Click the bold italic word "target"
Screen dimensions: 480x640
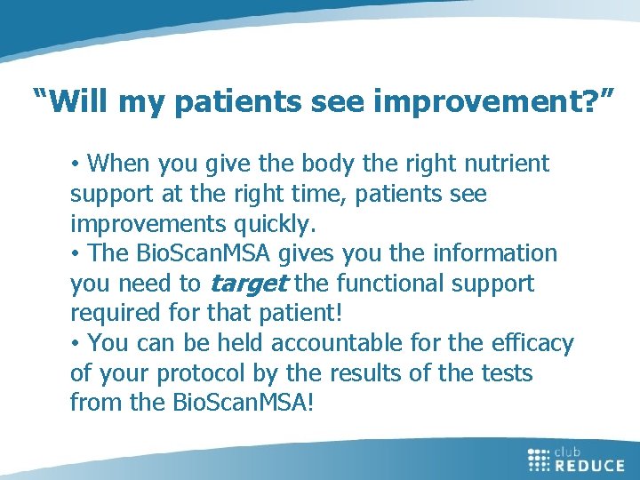click(249, 284)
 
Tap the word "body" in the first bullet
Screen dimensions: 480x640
click(271, 164)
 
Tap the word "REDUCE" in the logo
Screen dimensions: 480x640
click(590, 464)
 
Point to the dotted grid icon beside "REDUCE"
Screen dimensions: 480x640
click(540, 459)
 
